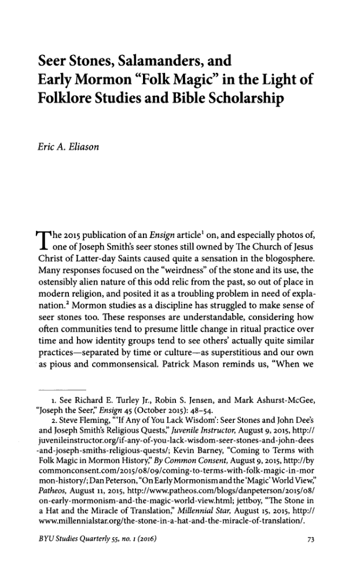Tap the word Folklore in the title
[x=69, y=98]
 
